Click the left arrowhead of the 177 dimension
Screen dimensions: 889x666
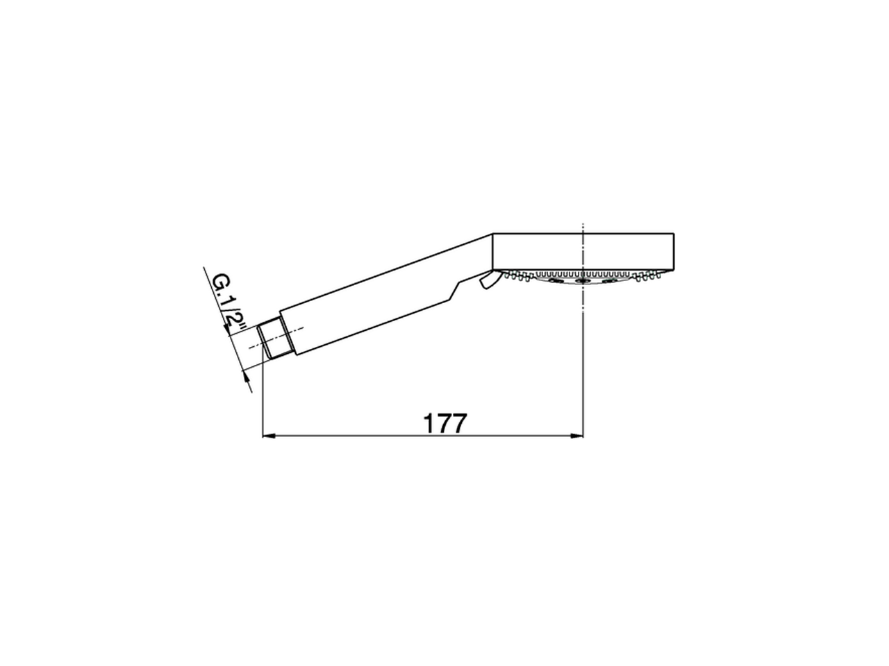click(269, 436)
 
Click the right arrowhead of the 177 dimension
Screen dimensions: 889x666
click(576, 436)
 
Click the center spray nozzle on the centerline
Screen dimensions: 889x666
click(583, 281)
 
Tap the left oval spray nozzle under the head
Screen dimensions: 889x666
click(555, 281)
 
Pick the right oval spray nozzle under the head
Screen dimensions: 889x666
click(610, 281)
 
